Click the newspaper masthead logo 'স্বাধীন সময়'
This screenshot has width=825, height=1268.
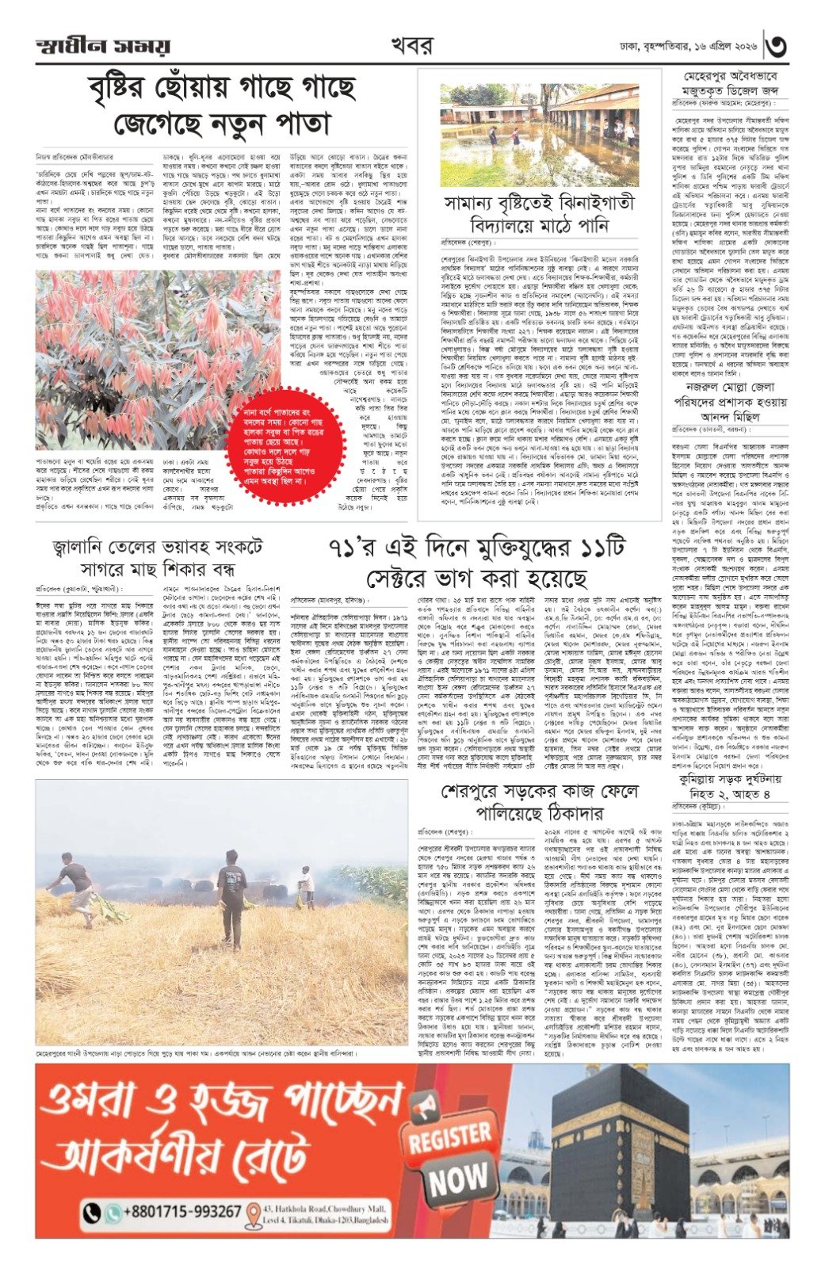pos(103,46)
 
